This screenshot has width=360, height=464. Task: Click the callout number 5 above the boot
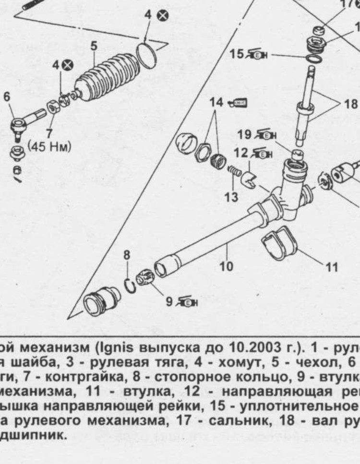[x=94, y=46]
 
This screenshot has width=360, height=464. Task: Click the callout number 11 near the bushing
[x=331, y=267]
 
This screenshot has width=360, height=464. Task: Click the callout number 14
[x=216, y=102]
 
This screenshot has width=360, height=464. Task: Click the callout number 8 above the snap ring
[x=127, y=254]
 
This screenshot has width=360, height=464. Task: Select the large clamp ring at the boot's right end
[x=147, y=53]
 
